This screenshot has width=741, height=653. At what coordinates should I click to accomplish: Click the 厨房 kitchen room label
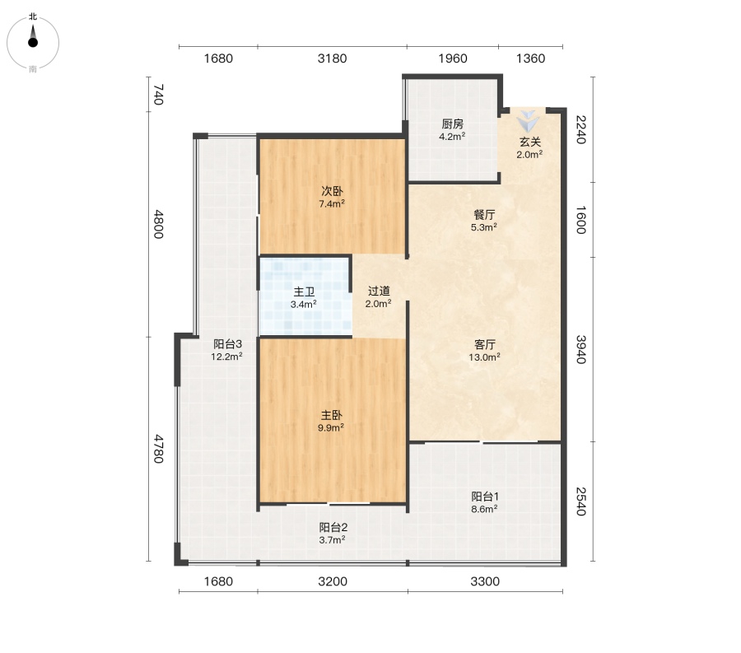452,124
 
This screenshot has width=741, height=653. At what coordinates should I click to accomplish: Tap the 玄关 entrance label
529,142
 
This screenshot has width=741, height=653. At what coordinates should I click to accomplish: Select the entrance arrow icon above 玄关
528,121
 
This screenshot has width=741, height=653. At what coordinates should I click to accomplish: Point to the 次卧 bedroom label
333,191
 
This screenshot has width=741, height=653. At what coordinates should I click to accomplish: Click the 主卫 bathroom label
304,292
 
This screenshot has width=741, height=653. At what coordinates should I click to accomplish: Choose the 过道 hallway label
379,291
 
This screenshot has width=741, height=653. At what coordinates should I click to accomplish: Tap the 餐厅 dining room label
484,215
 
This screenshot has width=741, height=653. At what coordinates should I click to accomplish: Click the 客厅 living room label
485,344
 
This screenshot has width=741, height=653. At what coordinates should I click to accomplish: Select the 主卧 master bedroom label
331,415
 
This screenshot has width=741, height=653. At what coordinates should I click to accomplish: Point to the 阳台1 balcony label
485,496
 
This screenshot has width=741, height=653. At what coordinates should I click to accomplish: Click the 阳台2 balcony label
333,527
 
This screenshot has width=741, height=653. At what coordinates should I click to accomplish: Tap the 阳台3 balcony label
227,344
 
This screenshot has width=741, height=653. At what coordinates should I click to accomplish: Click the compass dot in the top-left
33,43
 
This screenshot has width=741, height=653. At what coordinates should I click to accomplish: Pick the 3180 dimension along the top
333,58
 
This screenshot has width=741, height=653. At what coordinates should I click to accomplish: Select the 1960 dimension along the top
453,58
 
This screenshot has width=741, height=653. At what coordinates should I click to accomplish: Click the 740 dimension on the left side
159,95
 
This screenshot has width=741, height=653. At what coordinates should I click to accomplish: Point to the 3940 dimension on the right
580,350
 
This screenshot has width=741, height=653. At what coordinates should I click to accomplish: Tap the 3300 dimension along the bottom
485,581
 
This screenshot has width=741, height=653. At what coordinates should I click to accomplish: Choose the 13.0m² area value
484,357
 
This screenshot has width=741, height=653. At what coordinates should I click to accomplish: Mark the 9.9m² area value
331,427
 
